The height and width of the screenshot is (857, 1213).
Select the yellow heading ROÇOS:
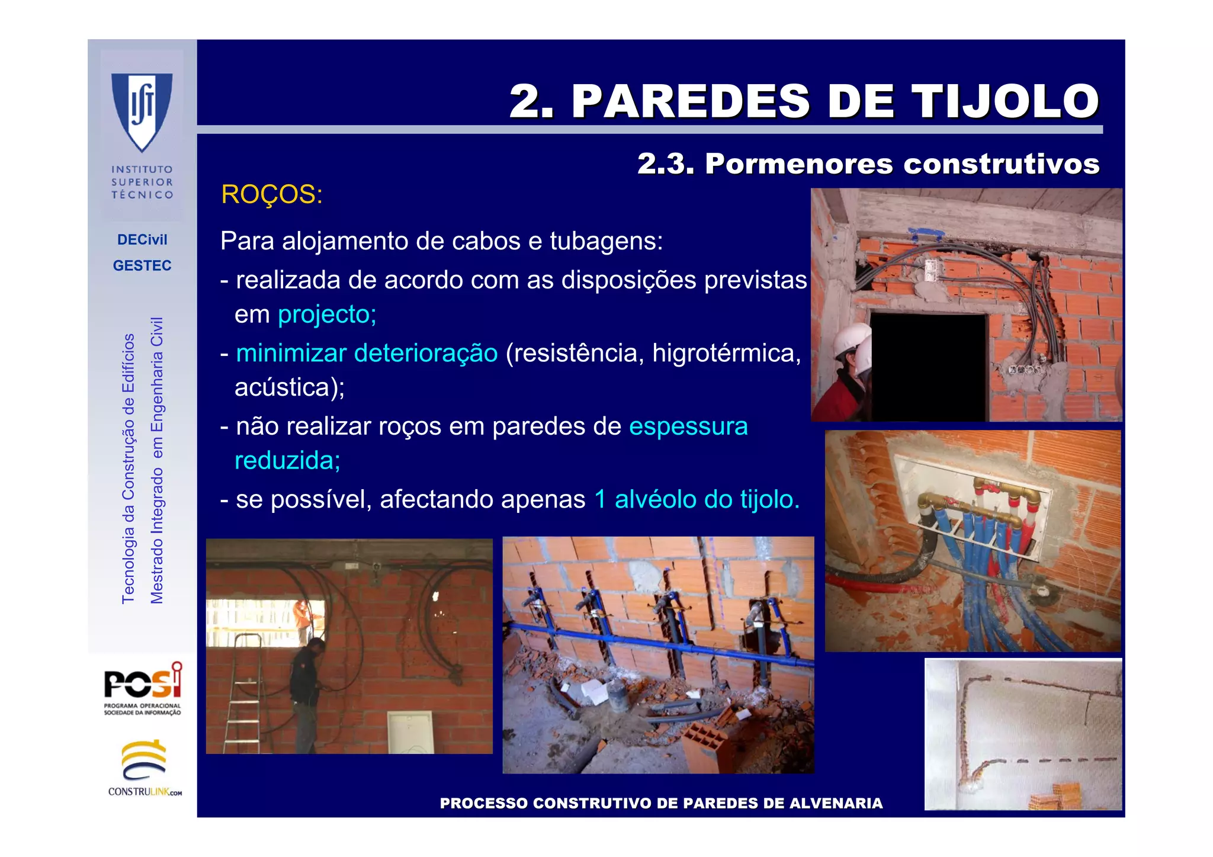271,194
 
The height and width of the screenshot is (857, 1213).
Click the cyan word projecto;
327,314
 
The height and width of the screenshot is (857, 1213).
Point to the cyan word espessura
688,426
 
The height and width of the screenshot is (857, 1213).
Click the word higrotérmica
726,353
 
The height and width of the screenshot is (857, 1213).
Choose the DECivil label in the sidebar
142,239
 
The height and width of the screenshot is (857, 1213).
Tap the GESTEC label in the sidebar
142,265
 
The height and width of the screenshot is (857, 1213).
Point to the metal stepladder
244,693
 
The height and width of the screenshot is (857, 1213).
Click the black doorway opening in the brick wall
928,367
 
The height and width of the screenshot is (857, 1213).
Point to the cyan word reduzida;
287,460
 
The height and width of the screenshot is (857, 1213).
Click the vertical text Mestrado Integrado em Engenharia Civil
156,460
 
